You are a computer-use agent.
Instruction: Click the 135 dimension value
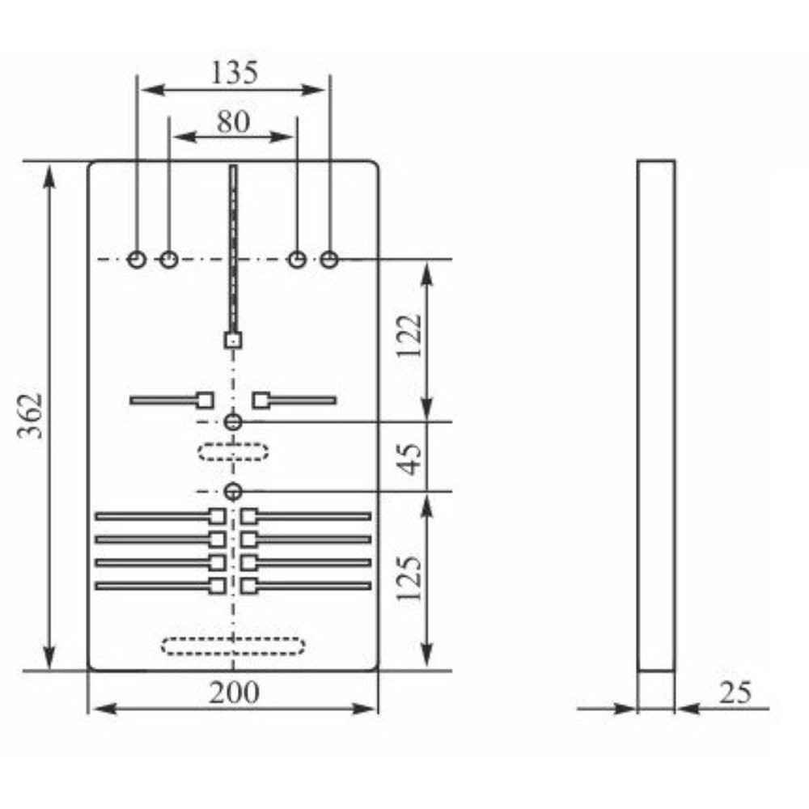pos(234,74)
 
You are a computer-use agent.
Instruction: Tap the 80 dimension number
pos(233,121)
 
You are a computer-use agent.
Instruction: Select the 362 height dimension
pos(31,416)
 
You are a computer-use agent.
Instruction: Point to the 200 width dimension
pos(235,693)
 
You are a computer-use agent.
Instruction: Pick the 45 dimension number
pos(411,457)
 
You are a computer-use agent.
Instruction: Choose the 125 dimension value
pos(411,578)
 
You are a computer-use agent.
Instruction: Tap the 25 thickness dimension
pos(734,693)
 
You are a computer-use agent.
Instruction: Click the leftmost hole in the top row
pos(137,259)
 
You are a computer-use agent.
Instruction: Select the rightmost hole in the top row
pos(328,259)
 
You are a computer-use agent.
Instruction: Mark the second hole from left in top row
pos(168,259)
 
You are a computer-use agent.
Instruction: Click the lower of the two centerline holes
pos(234,491)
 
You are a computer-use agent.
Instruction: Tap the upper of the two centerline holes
pos(234,421)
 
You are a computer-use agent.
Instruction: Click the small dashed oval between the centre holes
pos(234,451)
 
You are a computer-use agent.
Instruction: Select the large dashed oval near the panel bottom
pos(233,646)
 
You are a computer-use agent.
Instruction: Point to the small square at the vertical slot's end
pos(233,341)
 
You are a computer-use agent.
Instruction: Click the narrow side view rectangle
pos(655,415)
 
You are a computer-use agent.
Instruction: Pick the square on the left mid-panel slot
pos(205,400)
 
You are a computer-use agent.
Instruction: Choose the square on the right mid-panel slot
pos(260,400)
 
